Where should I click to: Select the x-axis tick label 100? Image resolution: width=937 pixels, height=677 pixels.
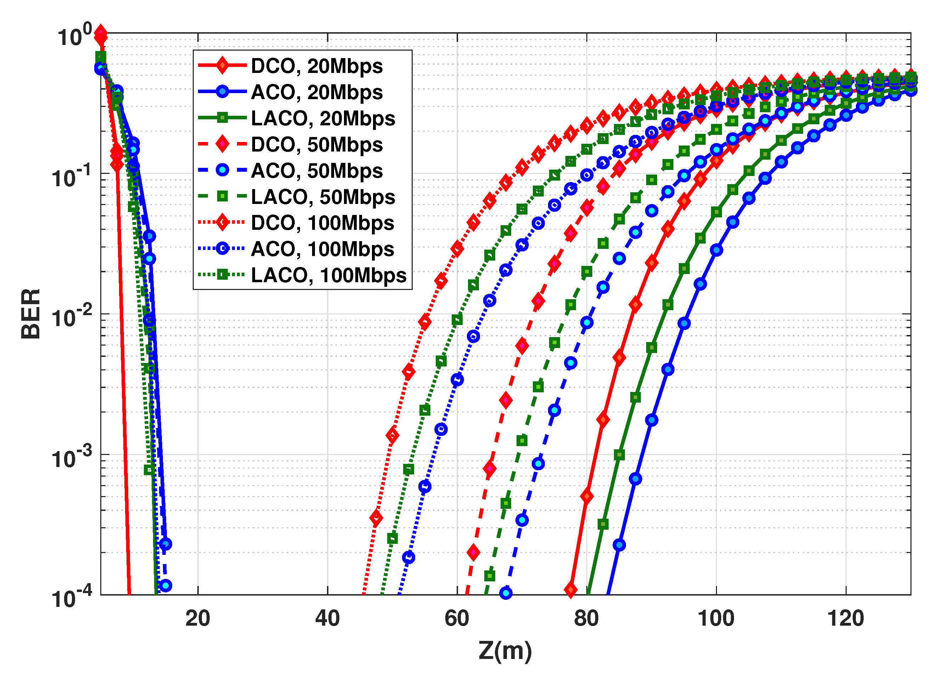[716, 618]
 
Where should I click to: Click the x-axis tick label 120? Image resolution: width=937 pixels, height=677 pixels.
[845, 618]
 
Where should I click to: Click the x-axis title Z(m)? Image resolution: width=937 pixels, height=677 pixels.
[505, 652]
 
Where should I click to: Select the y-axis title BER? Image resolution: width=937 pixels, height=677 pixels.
[31, 314]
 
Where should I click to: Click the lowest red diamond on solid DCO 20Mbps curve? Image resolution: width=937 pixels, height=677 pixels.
[571, 590]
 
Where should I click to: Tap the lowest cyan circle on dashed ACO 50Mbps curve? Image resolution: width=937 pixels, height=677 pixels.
[506, 593]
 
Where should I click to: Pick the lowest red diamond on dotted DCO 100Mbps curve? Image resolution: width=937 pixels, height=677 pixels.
[376, 518]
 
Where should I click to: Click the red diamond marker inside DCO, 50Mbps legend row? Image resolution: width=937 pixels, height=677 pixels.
[222, 144]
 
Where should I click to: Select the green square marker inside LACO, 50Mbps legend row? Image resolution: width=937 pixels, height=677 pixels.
[222, 197]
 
